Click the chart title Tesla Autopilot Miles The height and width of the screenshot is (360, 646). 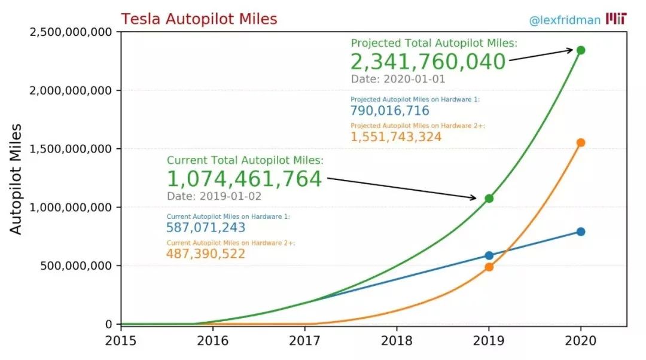tap(199, 19)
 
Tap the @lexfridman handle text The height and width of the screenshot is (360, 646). tap(565, 20)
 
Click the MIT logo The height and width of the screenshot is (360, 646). tap(616, 19)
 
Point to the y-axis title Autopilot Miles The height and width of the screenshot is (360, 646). tap(16, 179)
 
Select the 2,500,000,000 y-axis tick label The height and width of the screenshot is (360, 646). tap(71, 32)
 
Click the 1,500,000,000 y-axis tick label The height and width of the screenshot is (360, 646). tap(71, 149)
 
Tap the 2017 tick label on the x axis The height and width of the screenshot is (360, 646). tap(305, 341)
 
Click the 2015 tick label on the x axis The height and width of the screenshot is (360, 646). tap(121, 341)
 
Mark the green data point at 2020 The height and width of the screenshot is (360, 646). tap(580, 50)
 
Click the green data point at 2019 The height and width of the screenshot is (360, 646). tap(489, 199)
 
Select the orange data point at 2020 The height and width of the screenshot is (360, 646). tap(580, 143)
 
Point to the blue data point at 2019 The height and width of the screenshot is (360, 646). tap(489, 255)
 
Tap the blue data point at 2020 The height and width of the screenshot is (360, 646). tap(580, 231)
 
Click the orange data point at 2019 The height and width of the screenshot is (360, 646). tap(489, 267)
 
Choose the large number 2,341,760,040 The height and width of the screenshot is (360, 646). tap(428, 62)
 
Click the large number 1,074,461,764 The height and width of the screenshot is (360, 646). tap(244, 179)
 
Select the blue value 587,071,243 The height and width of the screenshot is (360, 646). tap(206, 227)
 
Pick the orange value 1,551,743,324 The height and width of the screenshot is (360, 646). tap(396, 137)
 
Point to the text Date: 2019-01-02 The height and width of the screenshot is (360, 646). tap(214, 196)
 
